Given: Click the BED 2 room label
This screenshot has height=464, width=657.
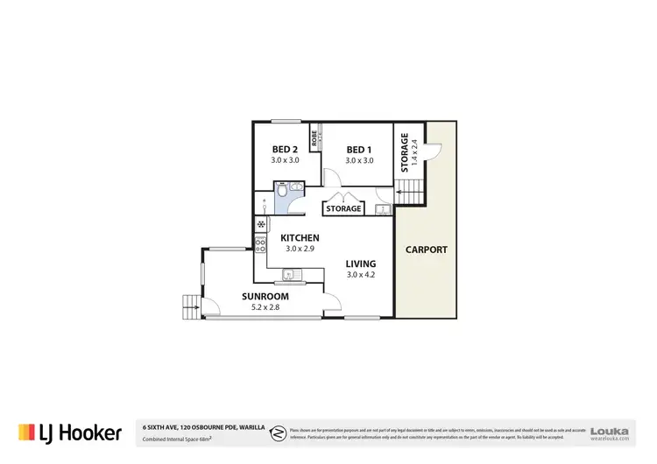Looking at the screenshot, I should (x=286, y=149).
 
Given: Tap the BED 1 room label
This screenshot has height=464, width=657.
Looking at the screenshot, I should (x=359, y=149).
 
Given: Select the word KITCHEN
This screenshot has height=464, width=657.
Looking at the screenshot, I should (x=300, y=238).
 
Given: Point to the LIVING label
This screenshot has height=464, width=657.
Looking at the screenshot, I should (x=360, y=264).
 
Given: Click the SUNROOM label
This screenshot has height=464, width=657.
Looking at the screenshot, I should (x=265, y=297).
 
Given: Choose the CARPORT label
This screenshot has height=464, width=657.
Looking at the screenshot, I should (x=426, y=250).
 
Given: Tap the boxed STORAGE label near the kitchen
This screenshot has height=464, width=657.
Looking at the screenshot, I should (x=343, y=209).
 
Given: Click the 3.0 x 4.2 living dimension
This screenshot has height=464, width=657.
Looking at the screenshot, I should (x=360, y=275).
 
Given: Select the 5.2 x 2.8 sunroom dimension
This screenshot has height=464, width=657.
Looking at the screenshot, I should (x=265, y=307).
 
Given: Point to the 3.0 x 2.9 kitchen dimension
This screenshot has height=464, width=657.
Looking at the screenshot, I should (x=300, y=249).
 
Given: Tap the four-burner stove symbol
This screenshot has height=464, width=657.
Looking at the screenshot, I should (x=260, y=244).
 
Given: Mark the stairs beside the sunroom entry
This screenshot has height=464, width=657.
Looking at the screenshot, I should (x=191, y=306).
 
